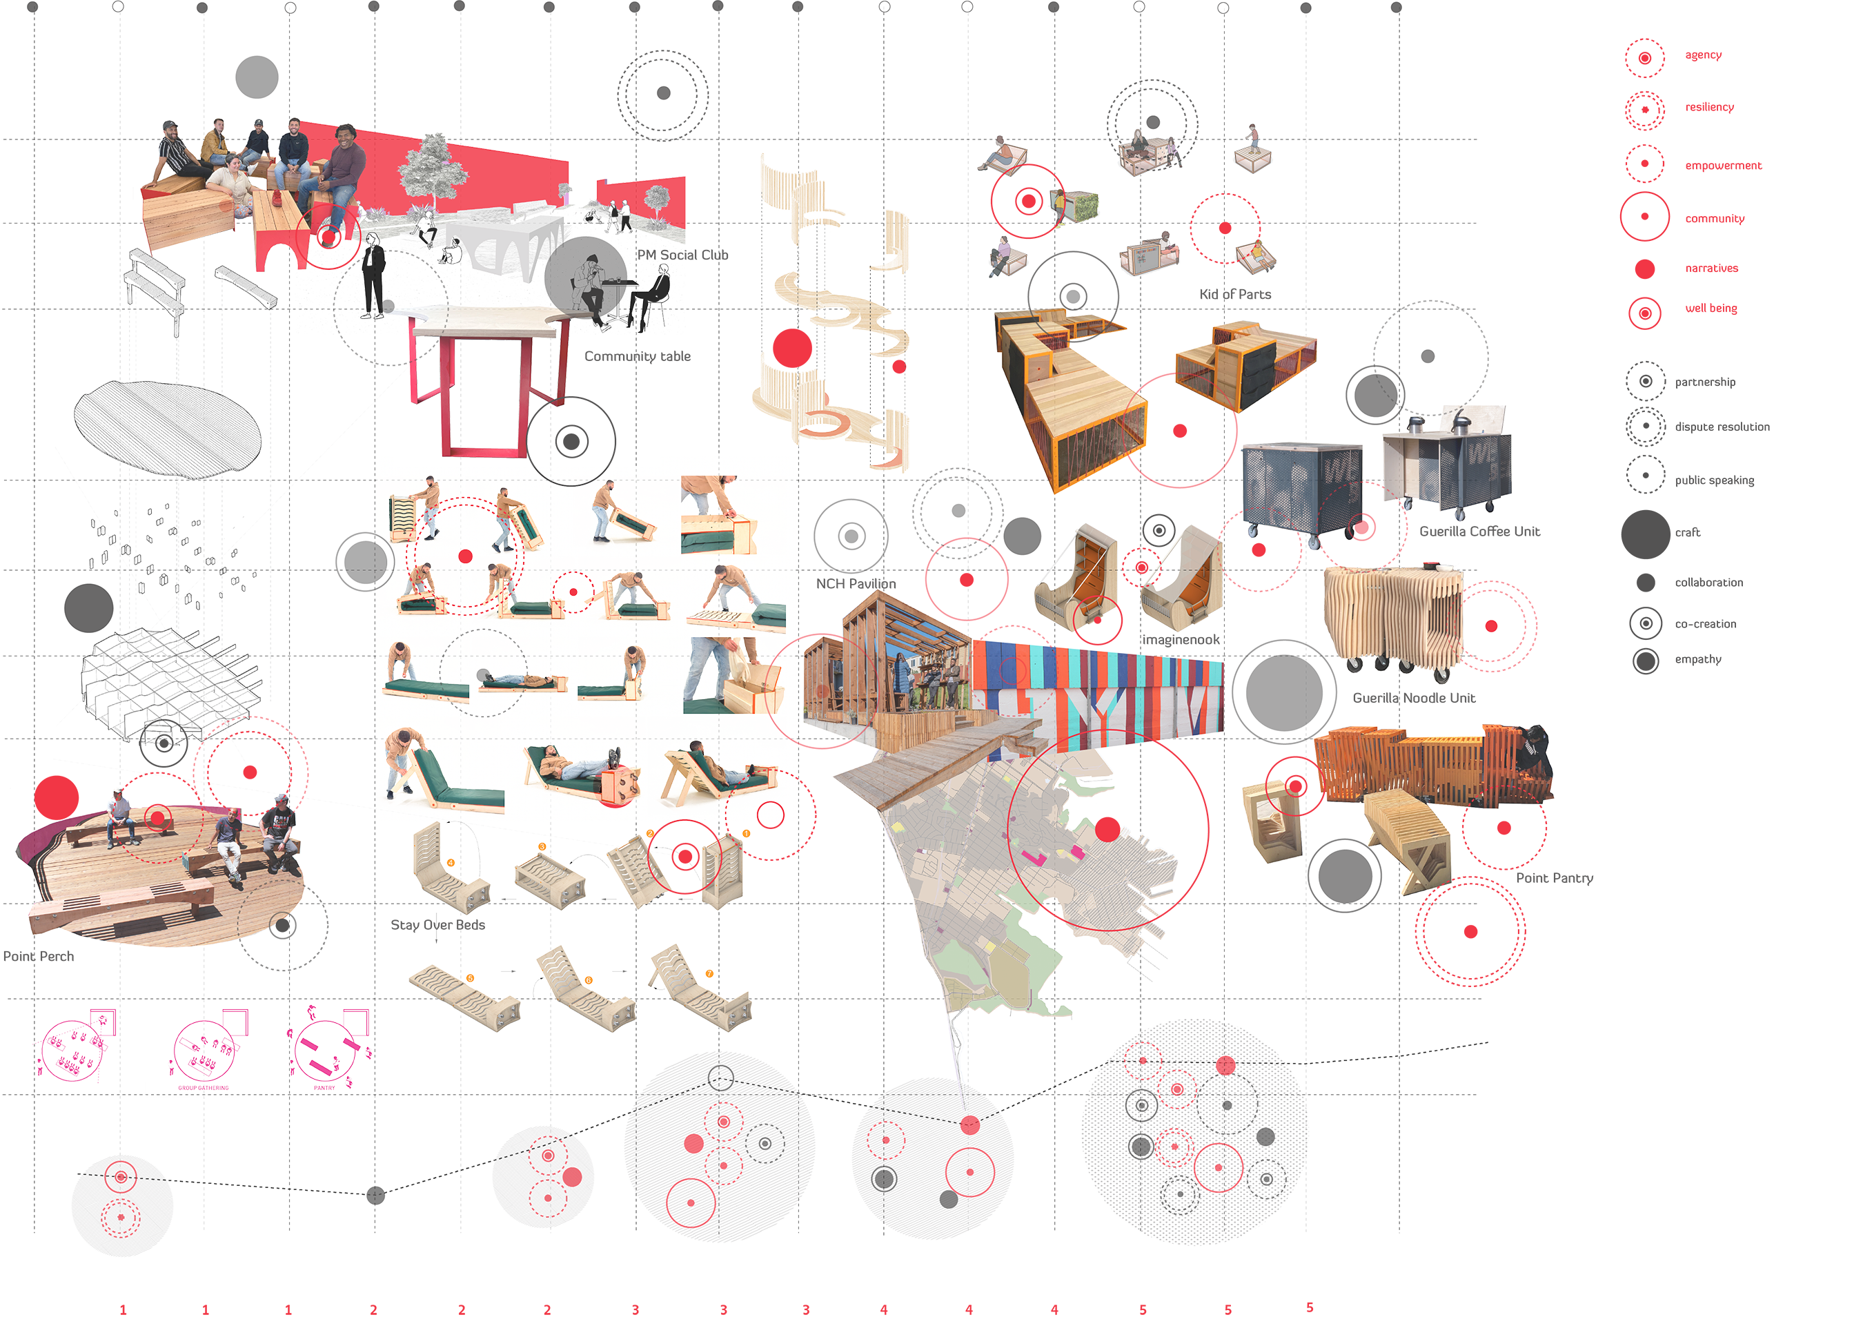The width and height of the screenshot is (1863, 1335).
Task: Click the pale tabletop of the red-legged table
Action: tap(484, 322)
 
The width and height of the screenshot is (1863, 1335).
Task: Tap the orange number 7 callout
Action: tap(710, 975)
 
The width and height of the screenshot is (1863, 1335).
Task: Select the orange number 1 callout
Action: tap(746, 834)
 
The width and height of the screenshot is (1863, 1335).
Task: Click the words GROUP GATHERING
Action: tap(204, 1088)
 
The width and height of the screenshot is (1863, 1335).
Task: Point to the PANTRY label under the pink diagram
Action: tap(324, 1088)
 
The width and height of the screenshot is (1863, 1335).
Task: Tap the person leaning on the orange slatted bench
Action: tap(1535, 752)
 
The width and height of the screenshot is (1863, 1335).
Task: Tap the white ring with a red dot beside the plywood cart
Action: tap(1492, 626)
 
